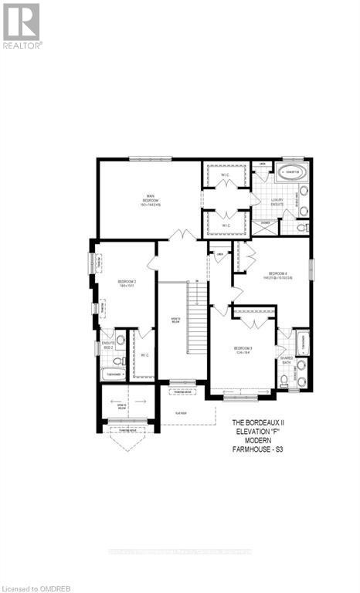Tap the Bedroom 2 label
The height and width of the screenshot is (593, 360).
tap(127, 283)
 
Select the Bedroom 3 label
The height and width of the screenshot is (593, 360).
tap(243, 351)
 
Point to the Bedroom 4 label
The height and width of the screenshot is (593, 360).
tap(278, 275)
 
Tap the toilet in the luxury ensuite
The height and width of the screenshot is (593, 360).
tap(302, 228)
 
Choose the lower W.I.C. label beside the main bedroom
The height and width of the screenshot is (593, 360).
tap(226, 225)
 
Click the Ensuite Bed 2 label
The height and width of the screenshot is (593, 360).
tap(107, 345)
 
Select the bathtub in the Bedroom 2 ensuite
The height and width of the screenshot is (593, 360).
tap(113, 375)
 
